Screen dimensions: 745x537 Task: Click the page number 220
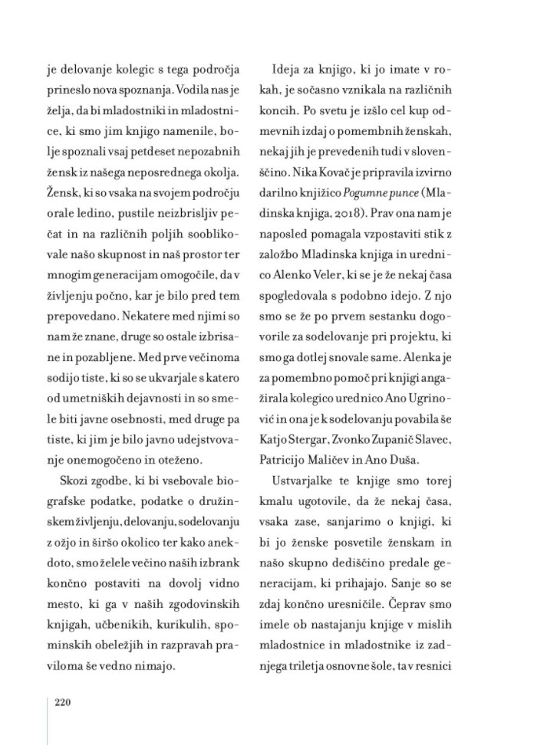click(x=63, y=702)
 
